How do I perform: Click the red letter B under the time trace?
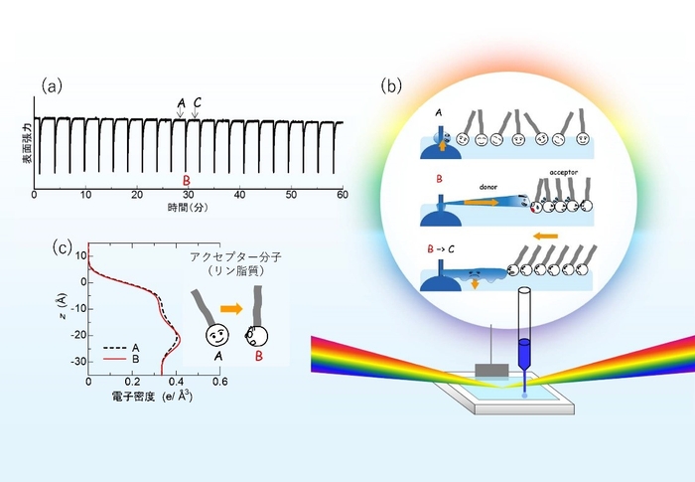pos(186,180)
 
